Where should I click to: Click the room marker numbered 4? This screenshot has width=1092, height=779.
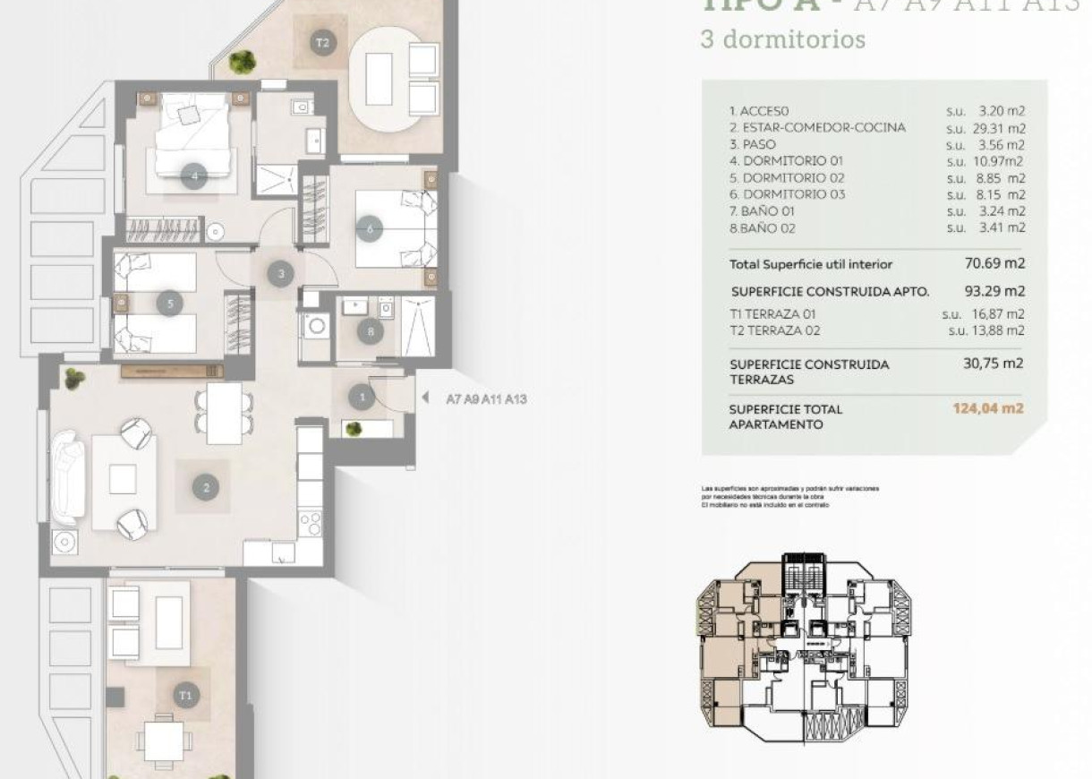(x=194, y=176)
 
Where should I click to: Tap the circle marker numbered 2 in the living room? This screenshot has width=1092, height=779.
(x=206, y=487)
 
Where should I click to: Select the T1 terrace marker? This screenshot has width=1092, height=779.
(x=185, y=695)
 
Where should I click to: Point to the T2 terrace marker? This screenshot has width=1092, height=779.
(x=322, y=42)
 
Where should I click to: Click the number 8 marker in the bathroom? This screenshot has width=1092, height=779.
(x=371, y=331)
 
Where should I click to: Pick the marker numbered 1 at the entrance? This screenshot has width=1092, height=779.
(x=362, y=396)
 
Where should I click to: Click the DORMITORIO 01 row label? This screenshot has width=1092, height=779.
(x=787, y=161)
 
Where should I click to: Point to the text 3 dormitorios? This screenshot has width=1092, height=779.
(x=782, y=40)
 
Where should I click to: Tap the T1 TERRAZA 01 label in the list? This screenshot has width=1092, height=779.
(x=772, y=314)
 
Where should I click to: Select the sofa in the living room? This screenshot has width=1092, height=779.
(x=68, y=477)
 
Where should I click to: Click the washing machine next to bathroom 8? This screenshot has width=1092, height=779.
(x=316, y=326)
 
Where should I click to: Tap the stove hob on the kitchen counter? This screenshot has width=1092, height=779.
(x=309, y=523)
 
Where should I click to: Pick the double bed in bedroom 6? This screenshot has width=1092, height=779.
(x=394, y=228)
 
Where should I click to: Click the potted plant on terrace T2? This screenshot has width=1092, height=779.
(x=241, y=61)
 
